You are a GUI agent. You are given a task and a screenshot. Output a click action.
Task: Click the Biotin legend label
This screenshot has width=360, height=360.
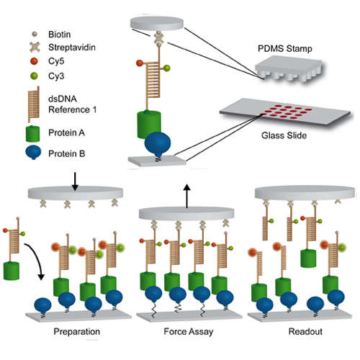(x=59, y=35)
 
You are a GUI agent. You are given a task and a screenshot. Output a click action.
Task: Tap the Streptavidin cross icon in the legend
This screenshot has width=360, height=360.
(x=35, y=48)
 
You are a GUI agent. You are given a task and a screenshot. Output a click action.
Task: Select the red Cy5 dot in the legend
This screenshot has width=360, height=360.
(x=34, y=61)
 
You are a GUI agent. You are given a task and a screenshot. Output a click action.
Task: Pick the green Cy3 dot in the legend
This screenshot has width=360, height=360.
(x=34, y=76)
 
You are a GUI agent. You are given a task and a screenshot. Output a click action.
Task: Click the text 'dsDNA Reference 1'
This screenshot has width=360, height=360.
(x=72, y=104)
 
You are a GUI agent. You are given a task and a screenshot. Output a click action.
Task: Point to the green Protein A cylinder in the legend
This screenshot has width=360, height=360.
(x=32, y=134)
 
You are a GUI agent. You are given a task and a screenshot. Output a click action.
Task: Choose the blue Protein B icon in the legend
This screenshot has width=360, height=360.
(x=33, y=152)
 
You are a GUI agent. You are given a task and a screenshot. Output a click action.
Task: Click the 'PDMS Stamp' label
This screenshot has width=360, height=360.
(x=285, y=48)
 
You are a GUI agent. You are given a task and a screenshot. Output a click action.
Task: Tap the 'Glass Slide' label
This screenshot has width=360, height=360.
(x=284, y=135)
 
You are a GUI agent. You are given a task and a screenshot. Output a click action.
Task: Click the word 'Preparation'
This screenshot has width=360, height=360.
(x=77, y=331)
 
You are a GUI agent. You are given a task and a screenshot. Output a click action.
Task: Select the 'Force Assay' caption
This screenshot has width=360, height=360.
(x=189, y=332)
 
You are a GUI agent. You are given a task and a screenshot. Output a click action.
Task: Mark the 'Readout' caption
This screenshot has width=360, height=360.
(x=305, y=331)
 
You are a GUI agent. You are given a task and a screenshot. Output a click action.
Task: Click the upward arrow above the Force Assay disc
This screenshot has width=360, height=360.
(x=187, y=196)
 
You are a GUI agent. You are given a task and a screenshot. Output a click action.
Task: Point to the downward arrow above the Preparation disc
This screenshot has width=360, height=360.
(x=75, y=181)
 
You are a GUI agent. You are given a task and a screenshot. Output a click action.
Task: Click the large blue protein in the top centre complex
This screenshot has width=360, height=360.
(x=158, y=144)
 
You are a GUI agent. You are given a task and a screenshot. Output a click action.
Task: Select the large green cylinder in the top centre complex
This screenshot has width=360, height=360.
(x=149, y=125)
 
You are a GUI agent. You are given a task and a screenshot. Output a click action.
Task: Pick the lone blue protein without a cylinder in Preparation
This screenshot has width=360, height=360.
(x=42, y=305)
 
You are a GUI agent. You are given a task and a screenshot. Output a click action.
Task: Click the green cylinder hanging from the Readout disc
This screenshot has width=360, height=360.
(x=308, y=258)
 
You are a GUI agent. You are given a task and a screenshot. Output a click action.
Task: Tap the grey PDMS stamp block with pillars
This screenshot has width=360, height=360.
(x=288, y=68)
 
